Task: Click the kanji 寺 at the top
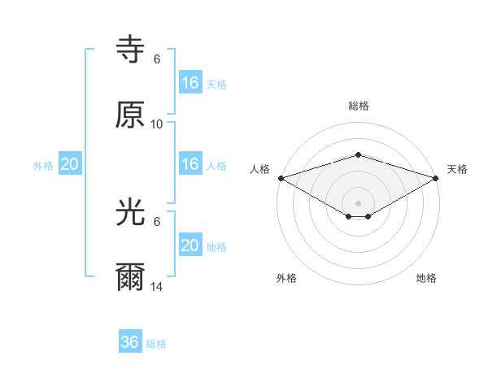(x=130, y=51)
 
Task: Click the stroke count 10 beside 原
(x=157, y=124)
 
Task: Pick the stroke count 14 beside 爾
(x=157, y=287)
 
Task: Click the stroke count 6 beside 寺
(x=157, y=59)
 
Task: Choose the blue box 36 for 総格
(x=130, y=342)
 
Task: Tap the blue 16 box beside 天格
(x=190, y=82)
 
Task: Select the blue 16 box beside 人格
(x=190, y=164)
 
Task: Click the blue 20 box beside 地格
(x=190, y=245)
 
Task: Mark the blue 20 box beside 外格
(x=70, y=164)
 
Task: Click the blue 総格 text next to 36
(x=156, y=344)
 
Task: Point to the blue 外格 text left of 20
(x=43, y=165)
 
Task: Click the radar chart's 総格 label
(x=358, y=106)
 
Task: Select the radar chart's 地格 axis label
(x=426, y=278)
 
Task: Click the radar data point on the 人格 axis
(x=280, y=178)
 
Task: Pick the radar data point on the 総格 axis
(x=358, y=154)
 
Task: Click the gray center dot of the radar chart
(x=358, y=202)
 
